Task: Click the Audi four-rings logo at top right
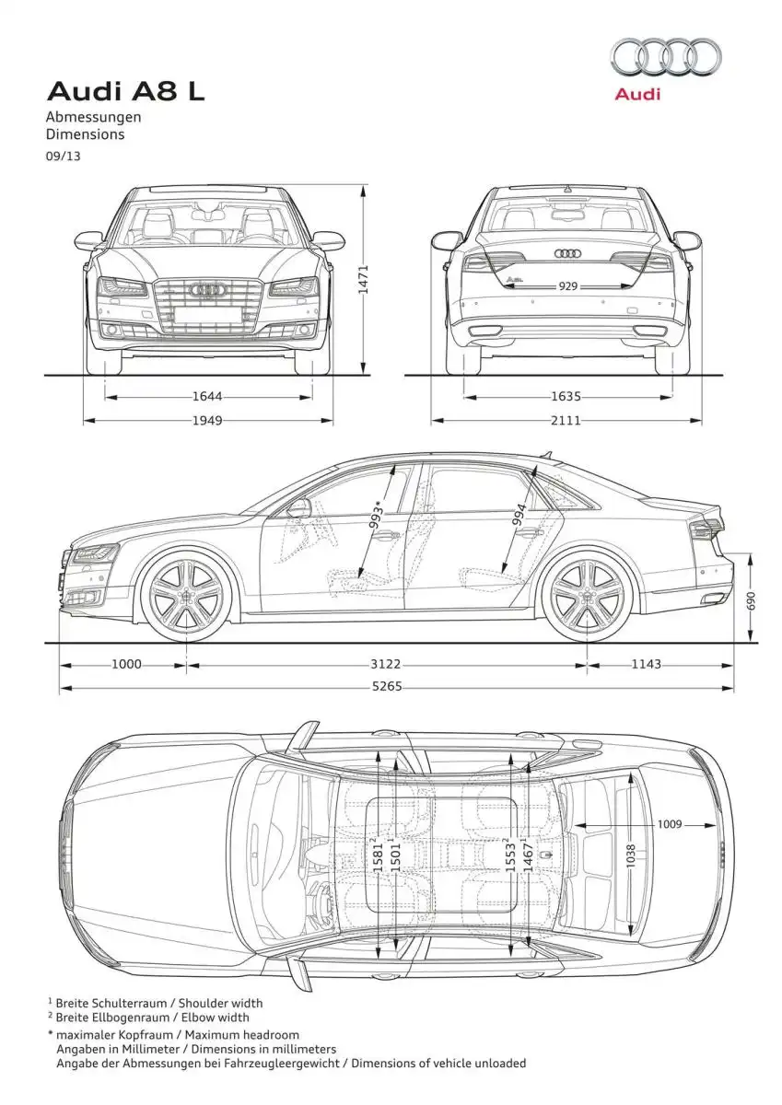pyautogui.click(x=666, y=59)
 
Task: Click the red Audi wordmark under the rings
pyautogui.click(x=637, y=94)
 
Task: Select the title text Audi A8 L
pyautogui.click(x=125, y=92)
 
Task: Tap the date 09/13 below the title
pyautogui.click(x=63, y=156)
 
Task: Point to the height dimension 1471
pyautogui.click(x=363, y=280)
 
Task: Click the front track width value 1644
pyautogui.click(x=207, y=396)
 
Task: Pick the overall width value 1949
pyautogui.click(x=207, y=420)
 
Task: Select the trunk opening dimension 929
pyautogui.click(x=568, y=286)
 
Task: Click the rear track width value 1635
pyautogui.click(x=566, y=396)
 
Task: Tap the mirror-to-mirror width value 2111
pyautogui.click(x=566, y=420)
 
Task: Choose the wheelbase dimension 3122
pyautogui.click(x=386, y=664)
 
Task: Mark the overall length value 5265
pyautogui.click(x=387, y=686)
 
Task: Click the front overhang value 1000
pyautogui.click(x=126, y=664)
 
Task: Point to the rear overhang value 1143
pyautogui.click(x=647, y=664)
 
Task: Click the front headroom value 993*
pyautogui.click(x=377, y=516)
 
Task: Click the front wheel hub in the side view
pyautogui.click(x=186, y=596)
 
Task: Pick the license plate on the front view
pyautogui.click(x=208, y=315)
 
